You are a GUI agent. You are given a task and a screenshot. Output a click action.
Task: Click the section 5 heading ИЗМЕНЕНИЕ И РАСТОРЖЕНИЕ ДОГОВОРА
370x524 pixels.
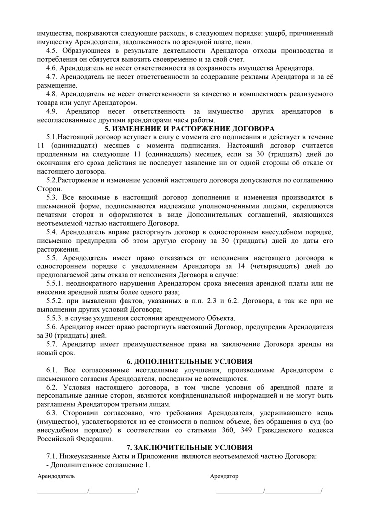(x=185, y=129)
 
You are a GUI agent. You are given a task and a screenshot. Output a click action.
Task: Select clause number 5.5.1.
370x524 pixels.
(x=55, y=283)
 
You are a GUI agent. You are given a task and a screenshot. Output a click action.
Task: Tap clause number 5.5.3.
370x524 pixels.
(x=55, y=318)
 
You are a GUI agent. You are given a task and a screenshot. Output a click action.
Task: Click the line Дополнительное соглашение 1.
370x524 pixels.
(x=97, y=465)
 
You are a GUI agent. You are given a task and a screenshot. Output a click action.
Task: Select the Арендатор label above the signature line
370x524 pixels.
(x=224, y=476)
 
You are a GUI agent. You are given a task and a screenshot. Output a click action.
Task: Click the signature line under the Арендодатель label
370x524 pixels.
(x=88, y=492)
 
